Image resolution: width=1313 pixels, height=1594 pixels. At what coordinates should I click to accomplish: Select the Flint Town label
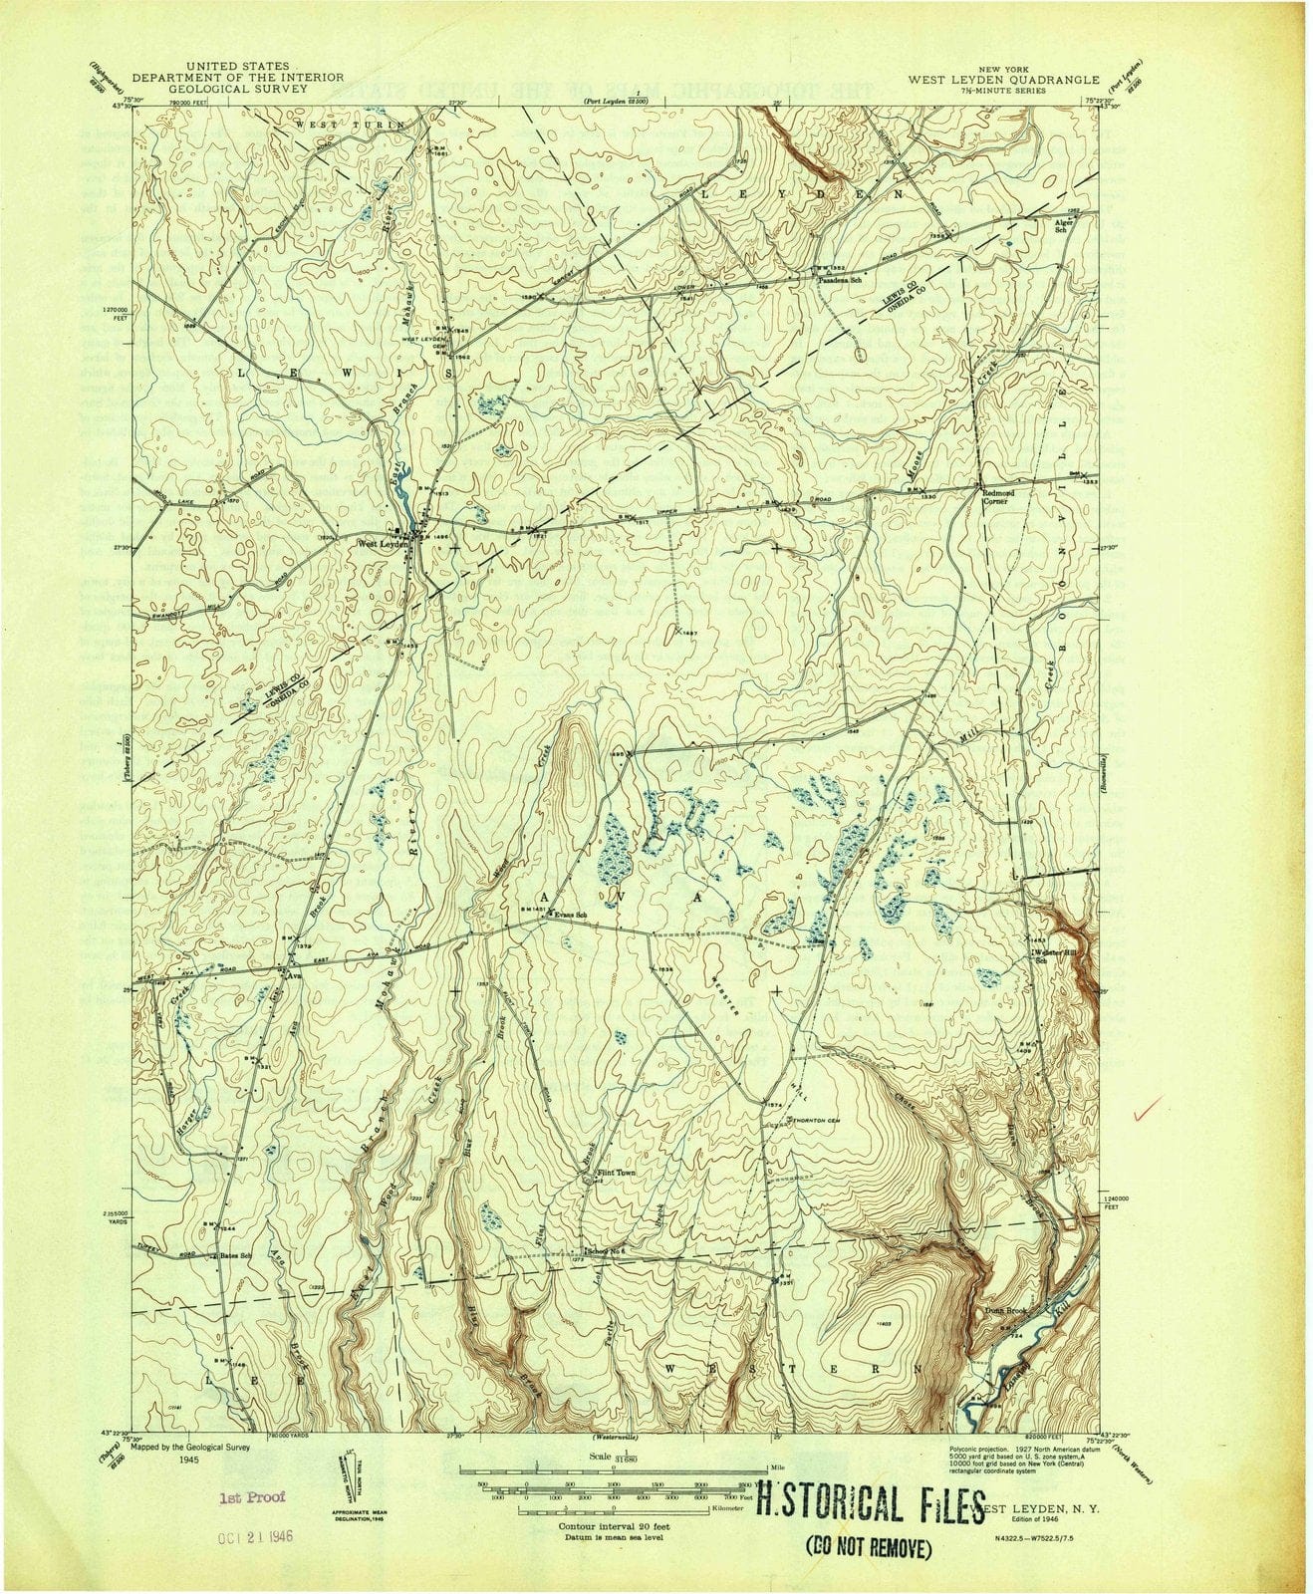(x=615, y=1174)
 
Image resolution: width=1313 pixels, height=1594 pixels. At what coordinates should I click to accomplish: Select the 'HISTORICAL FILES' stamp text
(x=864, y=1497)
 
